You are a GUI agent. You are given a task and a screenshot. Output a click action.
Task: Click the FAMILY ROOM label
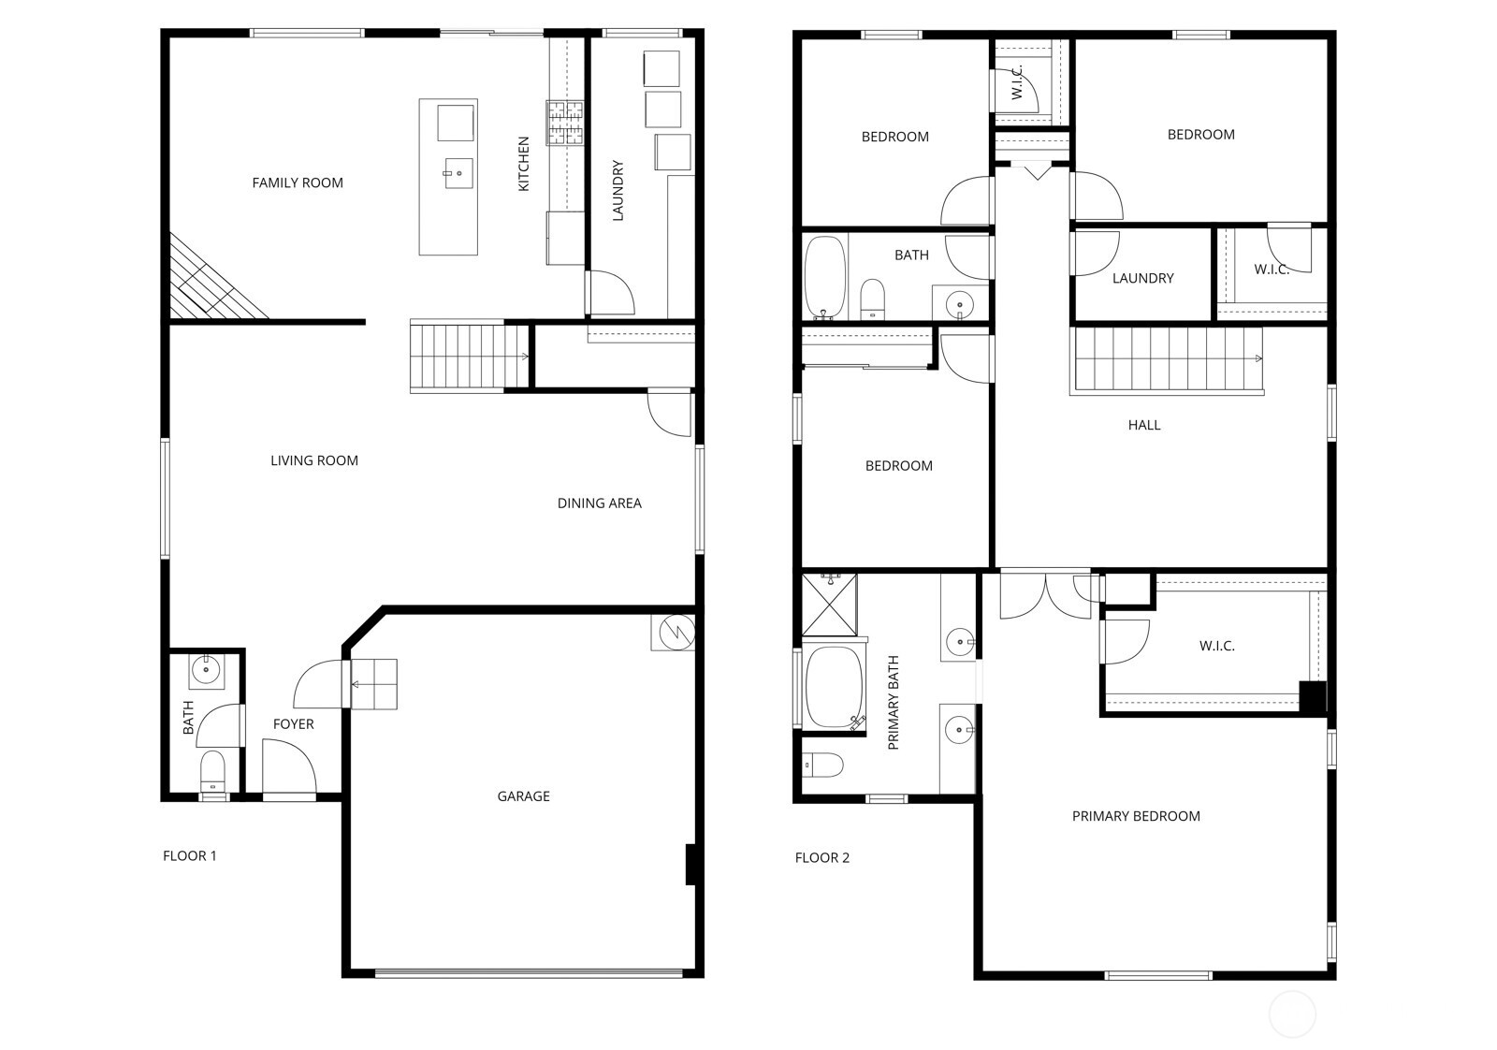coord(298,182)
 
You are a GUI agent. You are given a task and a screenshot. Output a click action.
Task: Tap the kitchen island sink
coord(458,173)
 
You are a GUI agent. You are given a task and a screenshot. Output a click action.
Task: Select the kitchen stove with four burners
coord(565,123)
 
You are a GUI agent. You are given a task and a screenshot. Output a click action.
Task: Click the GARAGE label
coord(523,796)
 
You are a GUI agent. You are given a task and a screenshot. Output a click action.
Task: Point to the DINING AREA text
coord(599,503)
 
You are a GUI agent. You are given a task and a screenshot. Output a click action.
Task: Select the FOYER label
coord(293,724)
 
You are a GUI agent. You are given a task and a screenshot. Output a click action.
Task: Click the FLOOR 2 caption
coord(821,857)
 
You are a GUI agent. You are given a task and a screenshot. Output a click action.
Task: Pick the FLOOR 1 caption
coord(189,855)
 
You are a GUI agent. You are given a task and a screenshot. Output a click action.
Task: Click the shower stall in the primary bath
coord(829,605)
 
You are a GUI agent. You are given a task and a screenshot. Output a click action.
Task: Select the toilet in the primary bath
coord(823,766)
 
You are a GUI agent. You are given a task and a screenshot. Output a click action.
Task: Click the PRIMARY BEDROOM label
coord(1136,816)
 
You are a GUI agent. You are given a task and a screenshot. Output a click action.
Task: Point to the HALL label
coord(1143,425)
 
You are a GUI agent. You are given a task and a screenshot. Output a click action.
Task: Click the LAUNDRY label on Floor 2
coord(1142,278)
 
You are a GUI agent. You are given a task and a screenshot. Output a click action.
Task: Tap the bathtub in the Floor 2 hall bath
coord(824,278)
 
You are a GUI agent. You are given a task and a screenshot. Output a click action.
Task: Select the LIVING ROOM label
coord(314,460)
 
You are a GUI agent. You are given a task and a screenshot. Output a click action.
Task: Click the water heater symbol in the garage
coord(673,632)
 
